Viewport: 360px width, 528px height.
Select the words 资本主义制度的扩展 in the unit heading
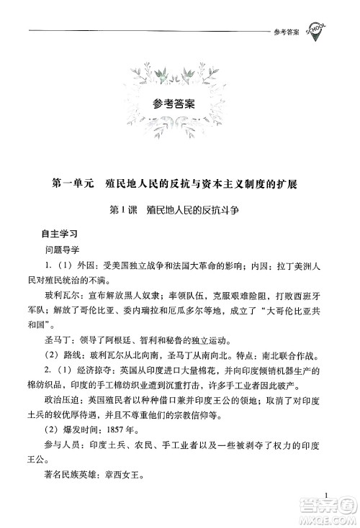[253, 184]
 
